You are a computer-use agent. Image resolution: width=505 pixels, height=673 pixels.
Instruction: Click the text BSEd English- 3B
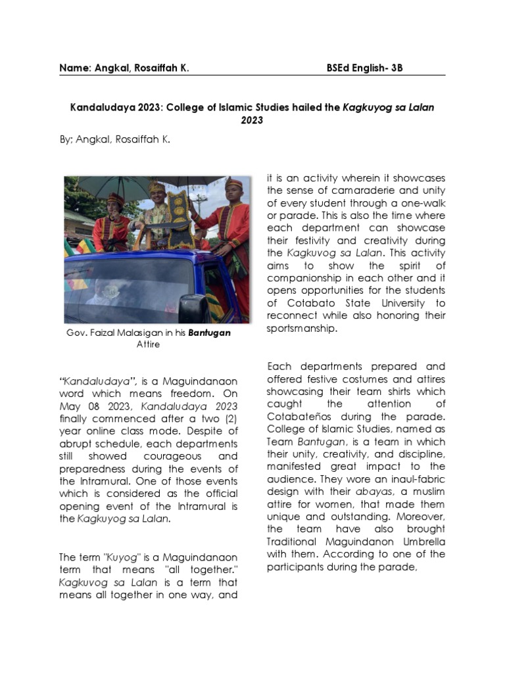(364, 68)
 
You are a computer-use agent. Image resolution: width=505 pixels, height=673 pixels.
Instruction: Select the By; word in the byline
(68, 139)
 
